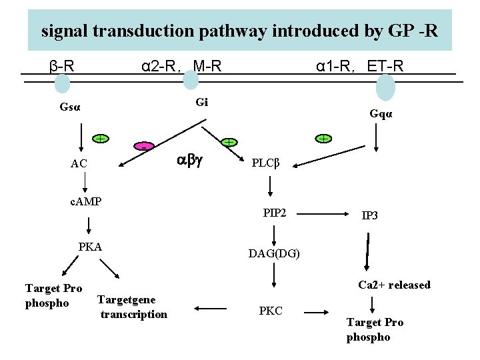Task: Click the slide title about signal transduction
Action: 239,30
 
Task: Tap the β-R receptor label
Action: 62,66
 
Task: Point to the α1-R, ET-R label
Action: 359,66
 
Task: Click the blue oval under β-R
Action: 62,83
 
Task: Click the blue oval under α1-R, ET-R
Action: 385,87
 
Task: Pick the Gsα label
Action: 70,107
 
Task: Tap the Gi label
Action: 202,102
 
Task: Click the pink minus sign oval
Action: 143,146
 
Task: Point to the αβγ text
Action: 190,160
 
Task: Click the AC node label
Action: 79,164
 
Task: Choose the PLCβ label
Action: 267,163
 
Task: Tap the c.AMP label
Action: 85,200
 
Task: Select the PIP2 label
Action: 275,213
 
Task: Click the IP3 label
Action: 370,216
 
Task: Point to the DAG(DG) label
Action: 274,253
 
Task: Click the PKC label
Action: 271,311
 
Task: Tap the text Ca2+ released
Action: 394,285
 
